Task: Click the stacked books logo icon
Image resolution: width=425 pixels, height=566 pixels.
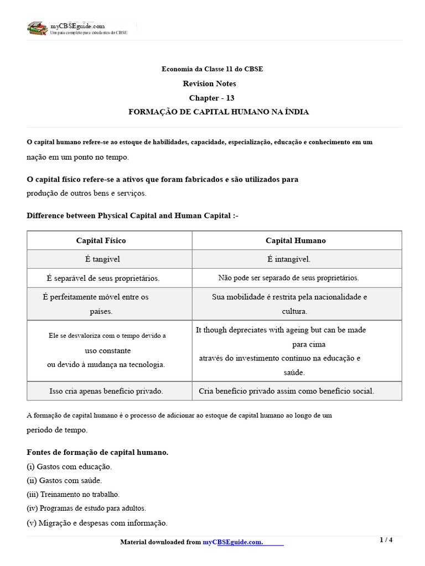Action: [x=37, y=28]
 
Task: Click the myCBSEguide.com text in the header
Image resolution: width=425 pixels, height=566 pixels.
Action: [x=77, y=26]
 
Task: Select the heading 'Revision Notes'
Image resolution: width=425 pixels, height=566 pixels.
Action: [x=209, y=83]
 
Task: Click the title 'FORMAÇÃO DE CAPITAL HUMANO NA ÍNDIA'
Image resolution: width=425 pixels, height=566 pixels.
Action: [x=219, y=112]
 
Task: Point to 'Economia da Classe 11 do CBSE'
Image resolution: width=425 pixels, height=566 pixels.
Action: [x=212, y=69]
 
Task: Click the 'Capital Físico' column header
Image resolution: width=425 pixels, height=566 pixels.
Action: [x=101, y=240]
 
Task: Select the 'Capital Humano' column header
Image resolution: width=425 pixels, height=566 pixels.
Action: [x=296, y=240]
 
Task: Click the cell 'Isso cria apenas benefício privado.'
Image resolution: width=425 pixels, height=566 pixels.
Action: [x=106, y=391]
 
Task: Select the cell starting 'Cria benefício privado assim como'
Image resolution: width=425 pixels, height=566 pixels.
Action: [x=286, y=391]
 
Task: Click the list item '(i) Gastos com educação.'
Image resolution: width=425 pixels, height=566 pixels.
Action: [x=69, y=467]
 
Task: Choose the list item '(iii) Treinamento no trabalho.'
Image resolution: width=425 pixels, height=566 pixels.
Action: [x=73, y=494]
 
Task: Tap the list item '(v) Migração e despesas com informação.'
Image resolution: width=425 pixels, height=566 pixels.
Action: [x=97, y=523]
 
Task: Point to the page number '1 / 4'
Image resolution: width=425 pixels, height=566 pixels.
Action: [x=386, y=540]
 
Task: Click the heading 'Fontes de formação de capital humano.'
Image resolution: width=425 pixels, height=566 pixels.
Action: [x=97, y=452]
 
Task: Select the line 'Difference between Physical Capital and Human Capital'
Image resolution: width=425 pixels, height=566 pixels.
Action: [x=132, y=216]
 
